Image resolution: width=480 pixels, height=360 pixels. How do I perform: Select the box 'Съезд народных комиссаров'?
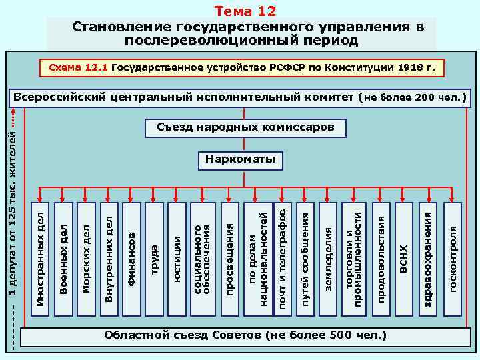click(245, 127)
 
